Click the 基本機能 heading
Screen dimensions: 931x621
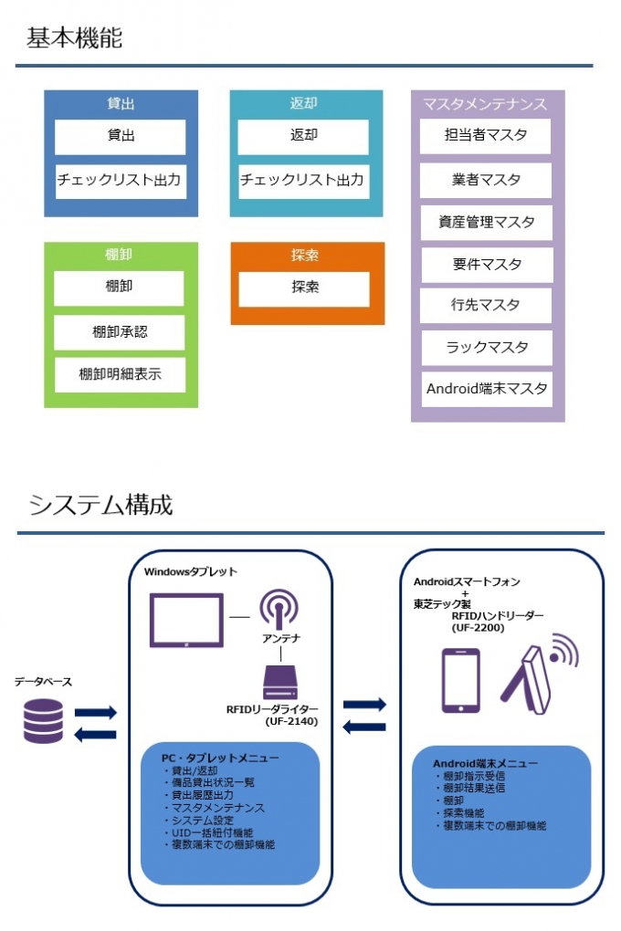(74, 38)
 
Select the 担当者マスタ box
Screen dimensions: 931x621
(487, 136)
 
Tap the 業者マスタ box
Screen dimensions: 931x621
(487, 180)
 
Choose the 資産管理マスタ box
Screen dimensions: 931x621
(487, 223)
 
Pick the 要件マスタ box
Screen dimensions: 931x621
(487, 265)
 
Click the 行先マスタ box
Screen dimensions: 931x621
(487, 306)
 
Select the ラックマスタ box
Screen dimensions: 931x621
(487, 348)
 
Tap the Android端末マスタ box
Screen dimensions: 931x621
(487, 389)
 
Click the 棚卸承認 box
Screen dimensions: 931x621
(120, 332)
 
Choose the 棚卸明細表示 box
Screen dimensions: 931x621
(120, 374)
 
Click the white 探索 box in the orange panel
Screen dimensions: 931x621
(305, 288)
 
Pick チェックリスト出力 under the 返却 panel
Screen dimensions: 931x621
(303, 181)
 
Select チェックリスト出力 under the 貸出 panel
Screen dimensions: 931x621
(120, 181)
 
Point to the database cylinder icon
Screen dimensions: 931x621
(43, 720)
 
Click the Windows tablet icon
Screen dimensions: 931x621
(186, 619)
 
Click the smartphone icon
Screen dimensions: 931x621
(460, 680)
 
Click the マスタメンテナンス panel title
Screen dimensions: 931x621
(486, 104)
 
